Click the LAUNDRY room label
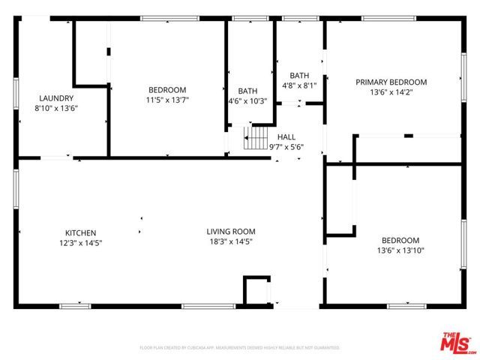click(x=56, y=98)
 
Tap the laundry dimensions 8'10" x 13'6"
click(x=56, y=108)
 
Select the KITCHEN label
click(x=80, y=233)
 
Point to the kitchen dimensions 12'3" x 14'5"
click(x=80, y=243)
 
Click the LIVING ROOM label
click(x=231, y=232)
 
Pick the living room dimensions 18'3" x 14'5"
click(x=231, y=241)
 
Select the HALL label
click(x=286, y=137)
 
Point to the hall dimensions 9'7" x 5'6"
click(x=286, y=147)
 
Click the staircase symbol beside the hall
click(x=256, y=137)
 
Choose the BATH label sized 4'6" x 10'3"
click(x=247, y=91)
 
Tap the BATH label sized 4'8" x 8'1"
click(x=299, y=76)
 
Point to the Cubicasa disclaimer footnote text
click(x=240, y=348)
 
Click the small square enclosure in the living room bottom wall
click(x=256, y=289)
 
